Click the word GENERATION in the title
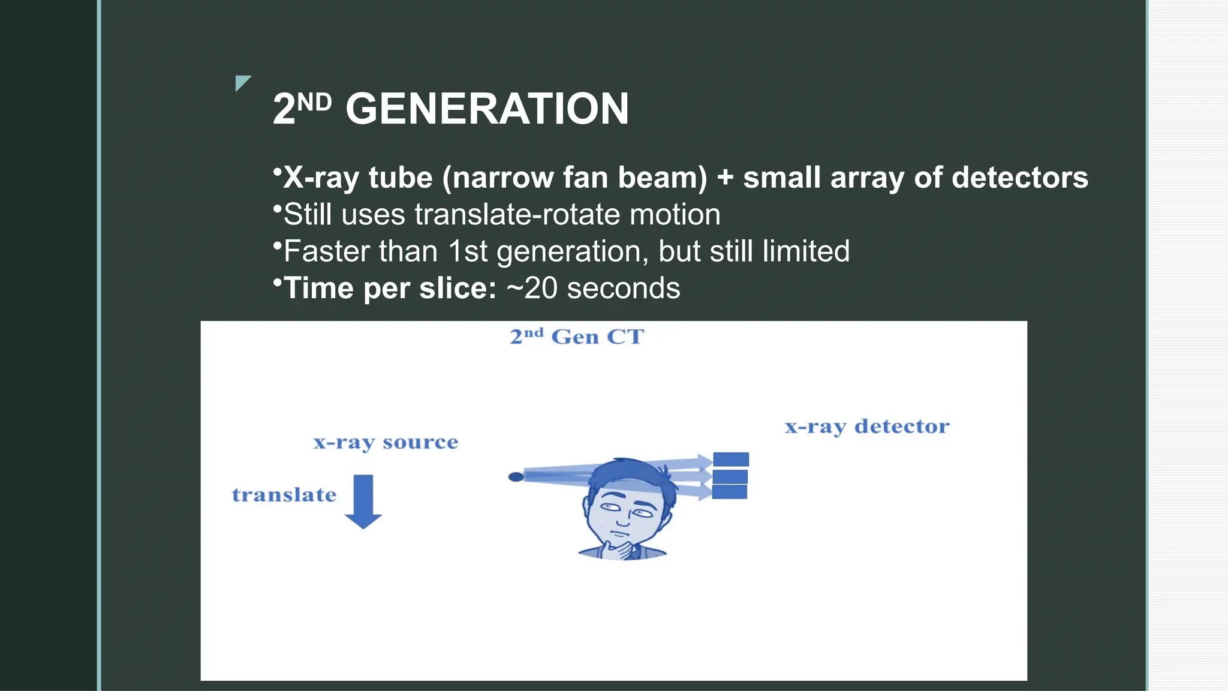(x=487, y=109)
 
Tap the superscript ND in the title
(x=314, y=102)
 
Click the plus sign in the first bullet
(x=725, y=178)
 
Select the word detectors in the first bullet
(x=1019, y=178)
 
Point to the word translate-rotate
(x=517, y=215)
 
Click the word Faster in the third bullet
(x=327, y=251)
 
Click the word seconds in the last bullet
(x=623, y=289)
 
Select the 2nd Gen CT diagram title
(x=577, y=337)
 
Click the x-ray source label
(x=386, y=443)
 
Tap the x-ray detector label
(x=867, y=426)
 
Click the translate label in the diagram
(x=284, y=495)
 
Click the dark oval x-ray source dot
(x=516, y=477)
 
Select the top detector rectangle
(x=730, y=459)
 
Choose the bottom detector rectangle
(x=730, y=492)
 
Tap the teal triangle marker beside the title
(x=242, y=82)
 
